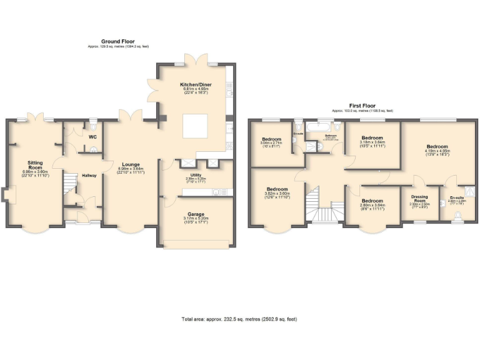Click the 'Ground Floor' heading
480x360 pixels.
coord(119,41)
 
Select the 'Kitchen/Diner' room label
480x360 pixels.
coord(194,84)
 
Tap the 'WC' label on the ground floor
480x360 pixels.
coord(92,136)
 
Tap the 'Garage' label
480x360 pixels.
coord(196,214)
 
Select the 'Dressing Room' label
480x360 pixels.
coord(419,198)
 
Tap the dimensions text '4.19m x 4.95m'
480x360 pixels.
coord(438,151)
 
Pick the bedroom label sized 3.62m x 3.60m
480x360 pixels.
coord(277,189)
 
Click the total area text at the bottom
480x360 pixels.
coord(239,319)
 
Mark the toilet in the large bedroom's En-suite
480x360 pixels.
coord(457,214)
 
